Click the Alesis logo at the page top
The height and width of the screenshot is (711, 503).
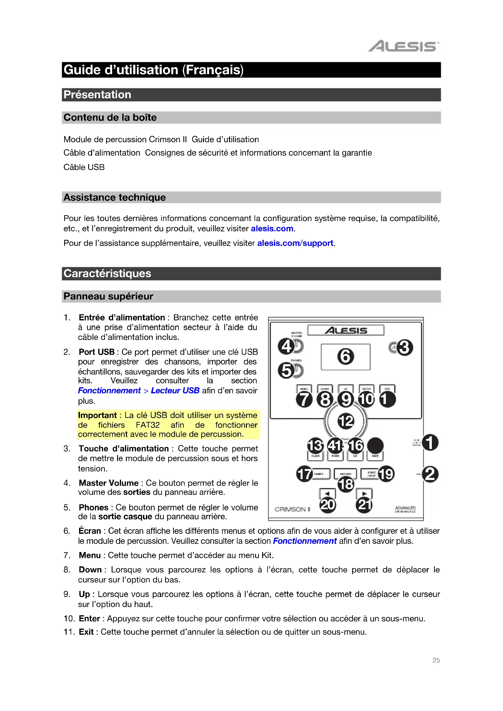(403, 46)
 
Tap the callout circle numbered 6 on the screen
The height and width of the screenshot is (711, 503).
(345, 356)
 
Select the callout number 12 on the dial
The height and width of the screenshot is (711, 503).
(346, 421)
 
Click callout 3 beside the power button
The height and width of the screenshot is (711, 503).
(404, 347)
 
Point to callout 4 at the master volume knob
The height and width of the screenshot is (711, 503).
(286, 346)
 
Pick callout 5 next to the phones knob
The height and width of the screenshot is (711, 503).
(286, 370)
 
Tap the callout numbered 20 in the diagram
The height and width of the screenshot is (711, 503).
(328, 505)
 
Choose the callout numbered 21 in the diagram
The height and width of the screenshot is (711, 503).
(364, 505)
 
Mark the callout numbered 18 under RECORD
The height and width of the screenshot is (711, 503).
(346, 484)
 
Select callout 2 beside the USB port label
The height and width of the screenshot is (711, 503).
(430, 474)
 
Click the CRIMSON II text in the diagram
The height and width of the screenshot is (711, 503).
(292, 509)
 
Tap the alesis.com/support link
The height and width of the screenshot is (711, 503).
(295, 243)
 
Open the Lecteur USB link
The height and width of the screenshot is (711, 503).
(175, 391)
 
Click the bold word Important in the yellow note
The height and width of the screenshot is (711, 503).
(97, 415)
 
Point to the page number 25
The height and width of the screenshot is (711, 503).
(436, 660)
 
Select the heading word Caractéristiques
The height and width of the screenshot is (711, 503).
(107, 274)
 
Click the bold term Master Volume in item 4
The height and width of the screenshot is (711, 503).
(108, 483)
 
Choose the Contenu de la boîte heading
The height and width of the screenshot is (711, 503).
(110, 117)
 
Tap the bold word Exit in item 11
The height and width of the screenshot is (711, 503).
(86, 632)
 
